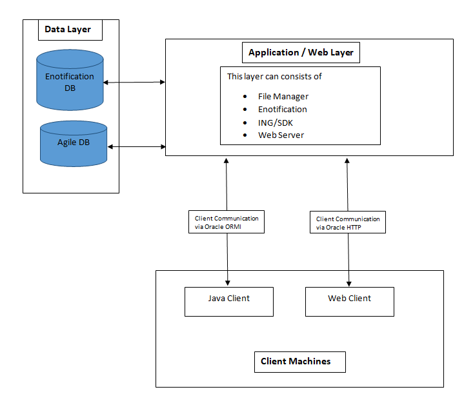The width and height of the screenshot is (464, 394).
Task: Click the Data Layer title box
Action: coord(70,30)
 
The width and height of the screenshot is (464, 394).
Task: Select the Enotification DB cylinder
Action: coord(70,80)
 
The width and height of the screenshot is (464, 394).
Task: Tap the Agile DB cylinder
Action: coord(74,144)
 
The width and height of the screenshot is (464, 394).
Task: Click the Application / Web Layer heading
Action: coord(301,52)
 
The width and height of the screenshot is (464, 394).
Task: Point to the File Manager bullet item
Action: coord(283,97)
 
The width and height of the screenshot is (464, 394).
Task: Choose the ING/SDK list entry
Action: coord(275,123)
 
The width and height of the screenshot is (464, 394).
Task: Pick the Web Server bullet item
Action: coord(281,135)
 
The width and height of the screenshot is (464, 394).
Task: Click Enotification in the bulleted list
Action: coord(282,110)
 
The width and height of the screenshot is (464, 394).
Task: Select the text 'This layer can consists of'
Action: coord(274,76)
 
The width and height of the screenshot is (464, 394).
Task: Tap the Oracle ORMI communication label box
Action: coord(227,222)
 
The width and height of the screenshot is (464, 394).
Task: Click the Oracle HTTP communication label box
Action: coord(348,222)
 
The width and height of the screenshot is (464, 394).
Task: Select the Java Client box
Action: coord(229,302)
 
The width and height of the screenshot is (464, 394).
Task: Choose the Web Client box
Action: coord(350,302)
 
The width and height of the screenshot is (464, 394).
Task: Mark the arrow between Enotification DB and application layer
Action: coord(134,83)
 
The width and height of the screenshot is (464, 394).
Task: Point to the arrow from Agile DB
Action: coord(136,147)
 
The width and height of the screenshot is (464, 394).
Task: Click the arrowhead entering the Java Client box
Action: coord(228,283)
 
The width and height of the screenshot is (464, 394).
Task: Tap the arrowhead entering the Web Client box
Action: coord(349,284)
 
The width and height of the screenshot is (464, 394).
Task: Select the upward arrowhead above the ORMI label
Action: coord(227,161)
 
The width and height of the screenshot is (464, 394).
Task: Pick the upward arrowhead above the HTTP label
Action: coord(347,161)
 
